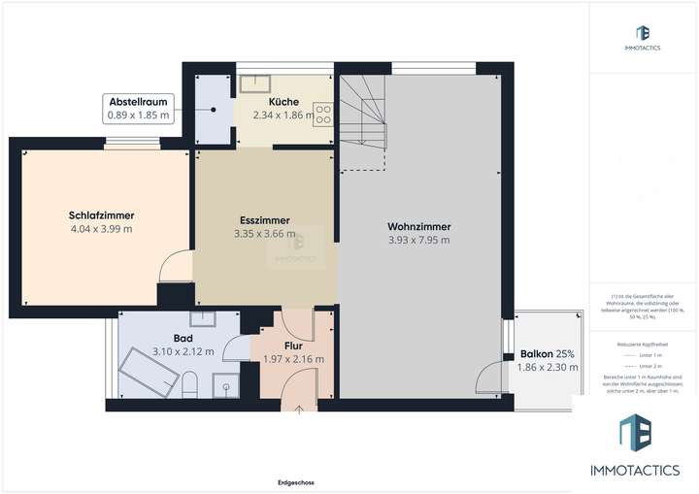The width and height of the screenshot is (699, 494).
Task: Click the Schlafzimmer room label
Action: pyautogui.click(x=101, y=215)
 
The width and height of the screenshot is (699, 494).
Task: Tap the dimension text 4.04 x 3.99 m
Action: pyautogui.click(x=101, y=230)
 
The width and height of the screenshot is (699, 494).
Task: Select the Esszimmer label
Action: pyautogui.click(x=265, y=219)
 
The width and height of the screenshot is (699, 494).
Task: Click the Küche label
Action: pyautogui.click(x=283, y=101)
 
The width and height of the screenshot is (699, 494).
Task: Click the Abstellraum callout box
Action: pyautogui.click(x=138, y=109)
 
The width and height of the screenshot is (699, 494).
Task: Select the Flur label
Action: pyautogui.click(x=293, y=344)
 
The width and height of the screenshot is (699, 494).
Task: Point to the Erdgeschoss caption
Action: pyautogui.click(x=294, y=482)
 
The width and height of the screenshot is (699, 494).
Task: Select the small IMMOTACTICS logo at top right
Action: pyautogui.click(x=643, y=39)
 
